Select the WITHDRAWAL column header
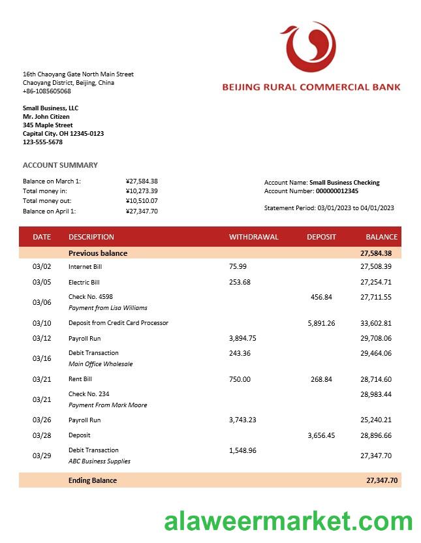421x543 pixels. (x=253, y=237)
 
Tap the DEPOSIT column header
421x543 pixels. (x=321, y=237)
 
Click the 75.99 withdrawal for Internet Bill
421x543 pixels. (x=238, y=266)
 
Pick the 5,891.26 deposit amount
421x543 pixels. (x=321, y=323)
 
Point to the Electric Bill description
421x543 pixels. (x=84, y=283)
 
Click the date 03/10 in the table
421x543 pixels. (x=42, y=323)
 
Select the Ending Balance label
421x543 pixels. (x=93, y=480)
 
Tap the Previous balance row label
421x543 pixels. (x=98, y=253)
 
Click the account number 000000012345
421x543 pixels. (x=337, y=191)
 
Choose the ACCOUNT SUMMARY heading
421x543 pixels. (x=60, y=165)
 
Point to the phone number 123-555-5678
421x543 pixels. (x=42, y=142)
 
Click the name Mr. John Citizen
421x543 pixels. (x=46, y=117)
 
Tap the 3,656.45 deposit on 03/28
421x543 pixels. (x=321, y=435)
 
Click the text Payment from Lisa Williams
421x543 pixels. (x=108, y=308)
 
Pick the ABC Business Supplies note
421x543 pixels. (x=99, y=461)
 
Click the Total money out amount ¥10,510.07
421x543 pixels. (x=142, y=201)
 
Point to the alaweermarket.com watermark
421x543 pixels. (x=288, y=522)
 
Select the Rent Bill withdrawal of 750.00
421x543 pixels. (x=240, y=379)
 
